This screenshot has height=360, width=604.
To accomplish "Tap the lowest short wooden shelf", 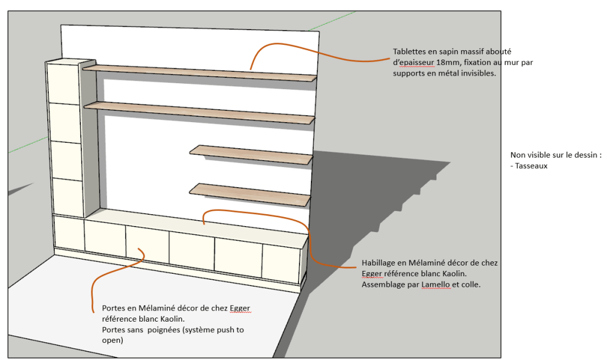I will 251,194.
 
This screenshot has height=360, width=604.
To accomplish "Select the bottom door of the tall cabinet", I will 65,196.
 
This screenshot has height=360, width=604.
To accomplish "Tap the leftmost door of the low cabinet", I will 68,233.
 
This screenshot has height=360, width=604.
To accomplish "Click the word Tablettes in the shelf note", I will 411,51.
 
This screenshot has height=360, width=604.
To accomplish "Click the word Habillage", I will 381,263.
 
